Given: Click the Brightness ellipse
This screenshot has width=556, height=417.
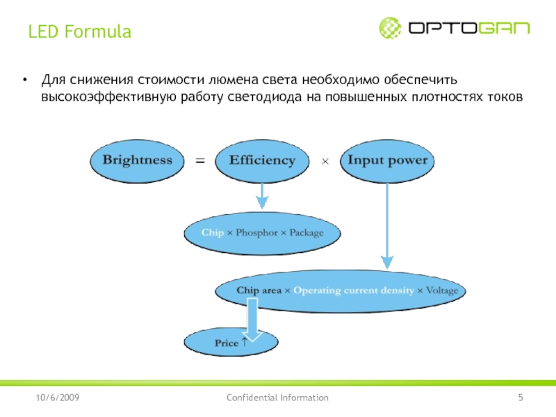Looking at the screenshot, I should (137, 161).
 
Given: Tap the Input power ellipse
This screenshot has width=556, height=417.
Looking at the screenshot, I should (387, 161).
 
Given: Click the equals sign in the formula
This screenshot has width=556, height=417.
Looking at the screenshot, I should (200, 161).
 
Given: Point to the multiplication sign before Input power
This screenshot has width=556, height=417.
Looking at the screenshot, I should (324, 161).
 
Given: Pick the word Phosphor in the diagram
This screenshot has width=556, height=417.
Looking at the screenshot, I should (256, 232).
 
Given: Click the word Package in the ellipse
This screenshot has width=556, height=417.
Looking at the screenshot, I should (306, 232).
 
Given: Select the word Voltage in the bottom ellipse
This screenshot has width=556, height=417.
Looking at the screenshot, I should (442, 290).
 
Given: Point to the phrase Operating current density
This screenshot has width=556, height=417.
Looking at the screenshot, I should (354, 290).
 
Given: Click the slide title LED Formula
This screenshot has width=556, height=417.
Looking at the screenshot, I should (79, 32).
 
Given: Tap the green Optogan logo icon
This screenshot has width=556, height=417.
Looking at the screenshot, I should (390, 28).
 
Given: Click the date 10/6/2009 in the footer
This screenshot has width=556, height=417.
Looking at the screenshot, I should (58, 398).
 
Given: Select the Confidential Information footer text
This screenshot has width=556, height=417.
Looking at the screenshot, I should (277, 398).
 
